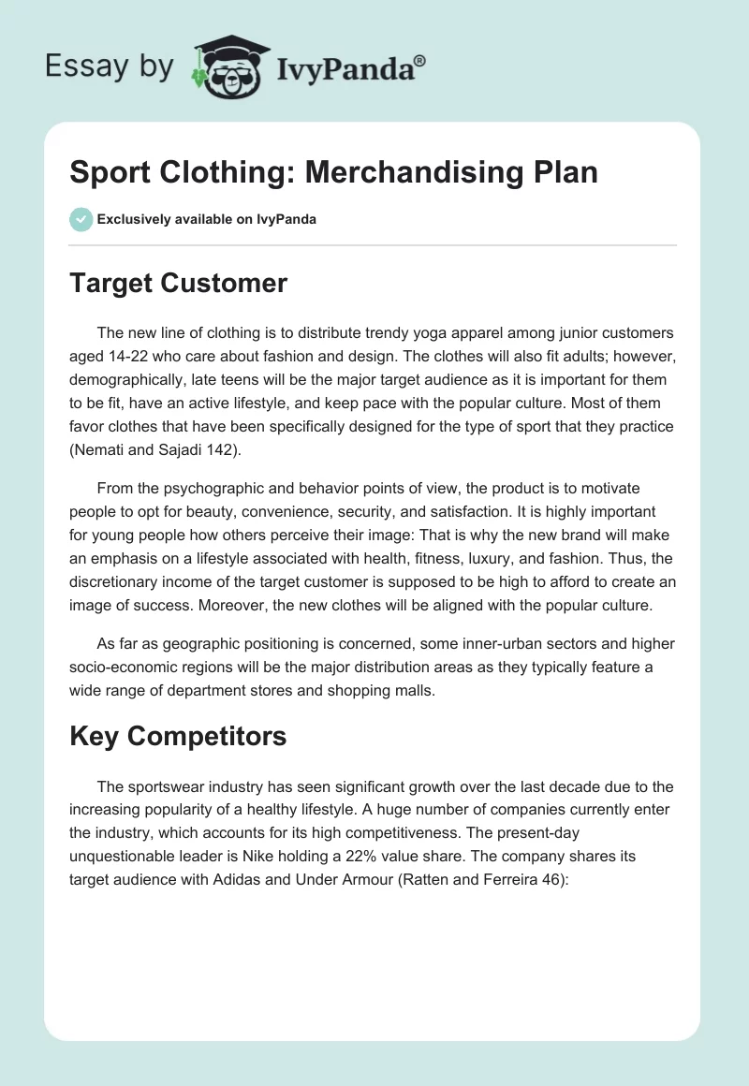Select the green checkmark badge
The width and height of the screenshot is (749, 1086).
point(81,219)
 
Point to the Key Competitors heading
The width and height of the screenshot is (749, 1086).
point(178,736)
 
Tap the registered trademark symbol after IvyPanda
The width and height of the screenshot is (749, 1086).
point(419,61)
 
